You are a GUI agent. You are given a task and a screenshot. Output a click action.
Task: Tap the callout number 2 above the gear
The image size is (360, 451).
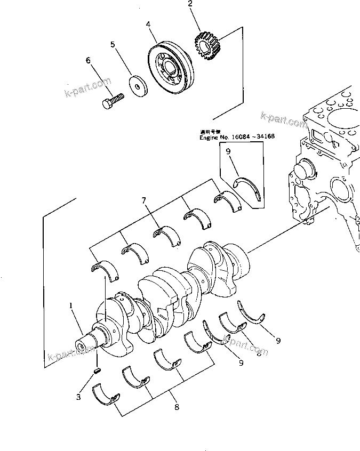pos(189,6)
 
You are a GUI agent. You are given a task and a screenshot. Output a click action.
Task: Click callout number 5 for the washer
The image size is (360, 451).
pos(113,45)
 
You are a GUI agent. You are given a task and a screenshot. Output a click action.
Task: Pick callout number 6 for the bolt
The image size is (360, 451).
pos(88,61)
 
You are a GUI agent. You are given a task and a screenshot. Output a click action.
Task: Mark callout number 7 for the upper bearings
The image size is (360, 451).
pos(143,201)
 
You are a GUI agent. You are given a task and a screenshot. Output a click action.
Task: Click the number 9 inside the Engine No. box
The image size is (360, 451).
pos(228,151)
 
